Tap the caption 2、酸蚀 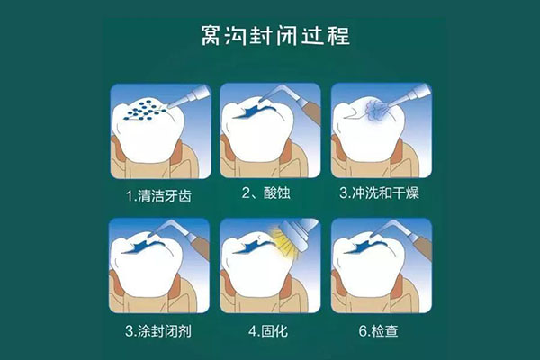(269, 193)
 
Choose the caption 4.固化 (270, 330)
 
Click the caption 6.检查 (382, 330)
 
